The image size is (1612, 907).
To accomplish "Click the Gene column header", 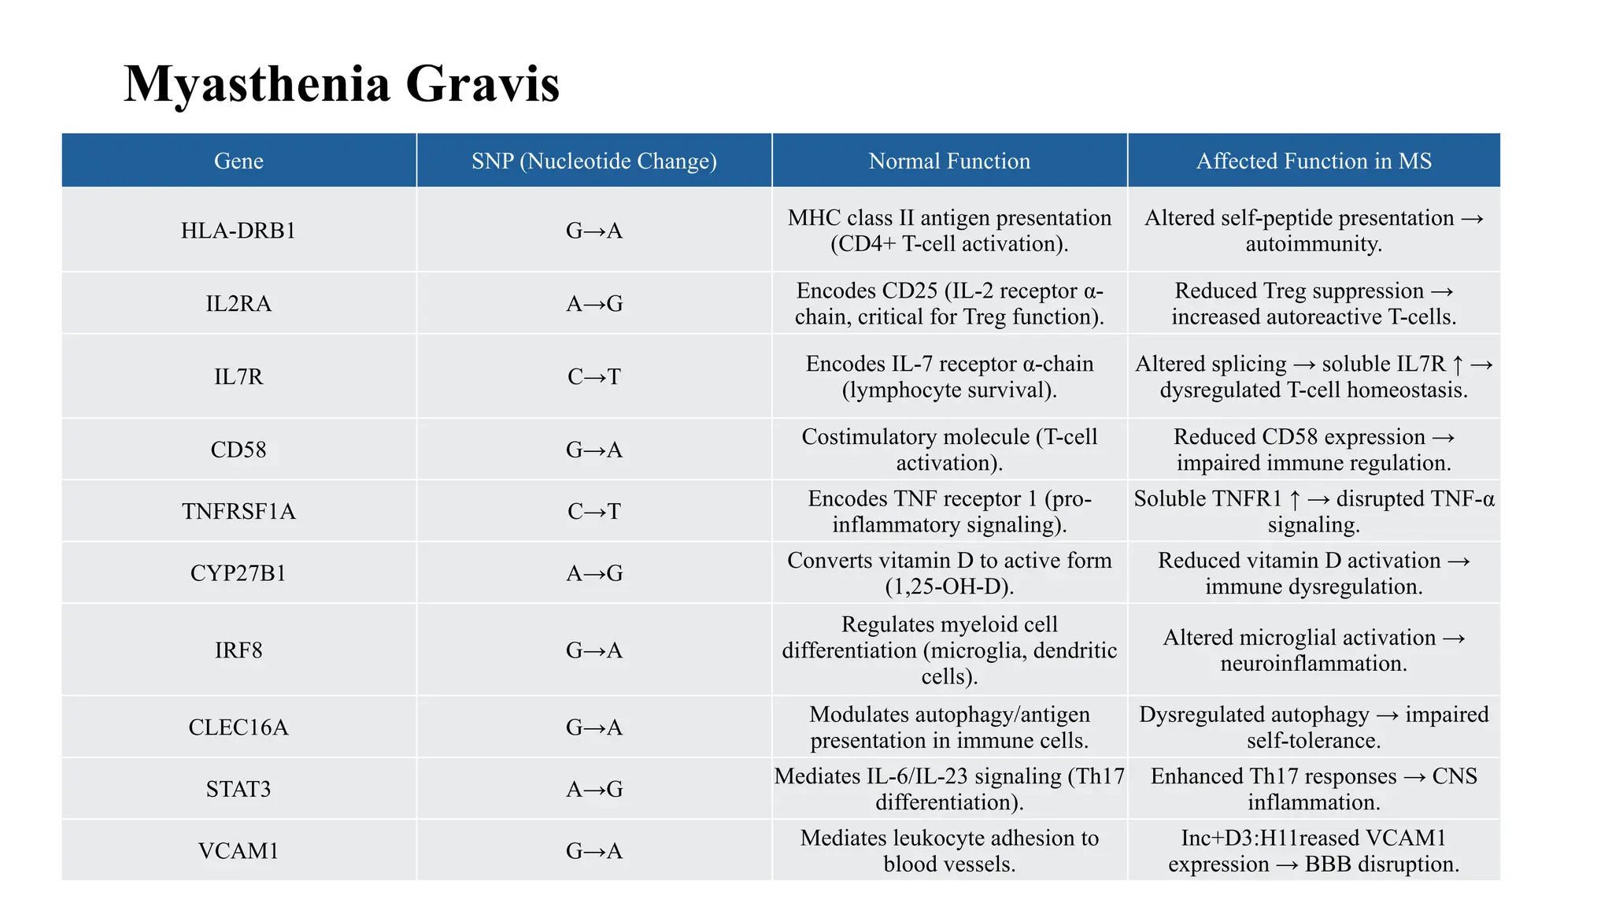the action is pyautogui.click(x=238, y=161).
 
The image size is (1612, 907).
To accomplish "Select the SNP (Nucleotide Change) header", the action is pyautogui.click(x=594, y=161).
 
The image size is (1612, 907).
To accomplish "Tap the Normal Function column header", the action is pyautogui.click(x=949, y=161).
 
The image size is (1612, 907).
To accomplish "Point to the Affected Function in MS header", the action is pyautogui.click(x=1314, y=161).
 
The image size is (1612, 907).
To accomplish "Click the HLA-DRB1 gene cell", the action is pyautogui.click(x=238, y=231).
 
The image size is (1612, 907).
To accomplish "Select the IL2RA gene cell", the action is pyautogui.click(x=238, y=304).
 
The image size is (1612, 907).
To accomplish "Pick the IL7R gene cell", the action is pyautogui.click(x=238, y=377).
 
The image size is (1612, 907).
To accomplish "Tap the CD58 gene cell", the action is pyautogui.click(x=238, y=450).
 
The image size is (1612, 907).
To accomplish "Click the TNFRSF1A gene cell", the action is pyautogui.click(x=238, y=512).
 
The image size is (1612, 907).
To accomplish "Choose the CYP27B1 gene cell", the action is pyautogui.click(x=238, y=573).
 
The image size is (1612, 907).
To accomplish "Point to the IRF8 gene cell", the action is pyautogui.click(x=238, y=650).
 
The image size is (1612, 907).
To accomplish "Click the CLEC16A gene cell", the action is pyautogui.click(x=238, y=727).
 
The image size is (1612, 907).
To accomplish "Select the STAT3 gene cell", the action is pyautogui.click(x=238, y=789).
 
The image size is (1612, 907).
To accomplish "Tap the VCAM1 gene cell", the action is pyautogui.click(x=238, y=851).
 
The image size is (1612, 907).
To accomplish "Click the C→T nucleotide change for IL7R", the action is pyautogui.click(x=594, y=377).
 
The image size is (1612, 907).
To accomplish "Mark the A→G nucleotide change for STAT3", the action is pyautogui.click(x=594, y=789).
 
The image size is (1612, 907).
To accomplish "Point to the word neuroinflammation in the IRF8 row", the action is pyautogui.click(x=1314, y=664).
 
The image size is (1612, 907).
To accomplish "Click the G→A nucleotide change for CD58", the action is pyautogui.click(x=594, y=450).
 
